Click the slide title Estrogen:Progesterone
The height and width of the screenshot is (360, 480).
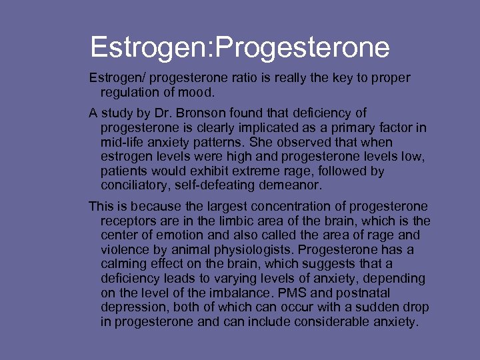click(240, 48)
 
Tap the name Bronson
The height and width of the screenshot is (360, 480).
click(198, 113)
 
